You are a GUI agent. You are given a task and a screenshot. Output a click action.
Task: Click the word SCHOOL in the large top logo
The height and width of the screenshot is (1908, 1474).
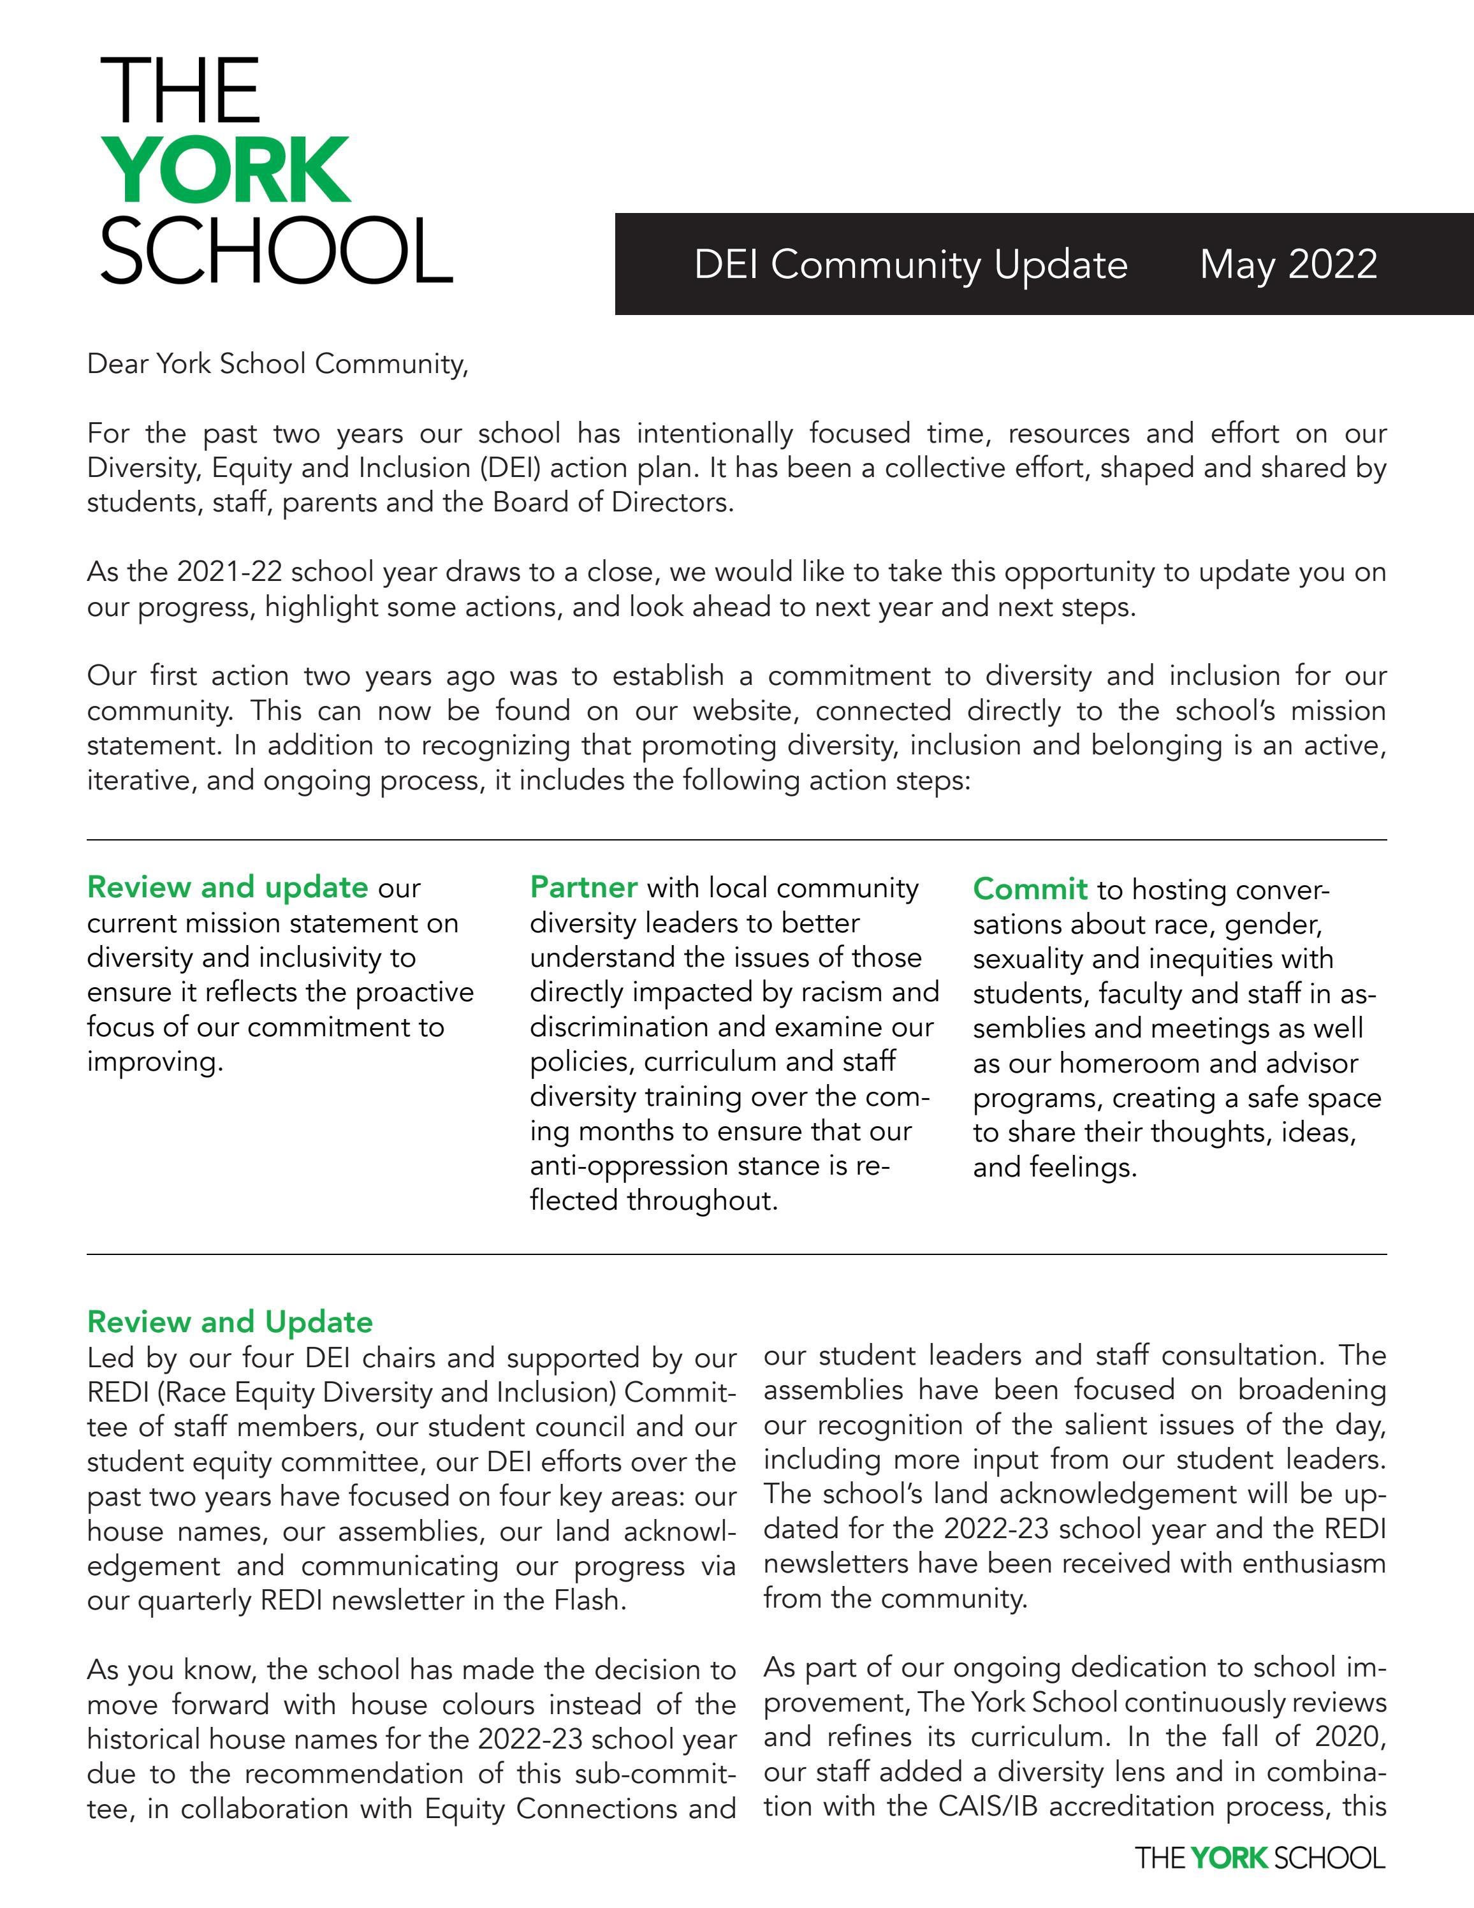(276, 252)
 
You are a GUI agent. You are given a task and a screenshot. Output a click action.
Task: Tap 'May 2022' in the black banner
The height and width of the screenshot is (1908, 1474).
(1288, 264)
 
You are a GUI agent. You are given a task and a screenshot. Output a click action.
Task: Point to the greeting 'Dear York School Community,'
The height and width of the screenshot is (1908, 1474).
(278, 363)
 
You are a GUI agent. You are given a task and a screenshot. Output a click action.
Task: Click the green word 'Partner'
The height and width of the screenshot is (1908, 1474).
(583, 888)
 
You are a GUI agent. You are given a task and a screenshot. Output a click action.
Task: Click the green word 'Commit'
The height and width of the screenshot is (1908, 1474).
(1030, 890)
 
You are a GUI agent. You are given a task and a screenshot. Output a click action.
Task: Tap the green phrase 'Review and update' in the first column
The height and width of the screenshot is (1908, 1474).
(227, 888)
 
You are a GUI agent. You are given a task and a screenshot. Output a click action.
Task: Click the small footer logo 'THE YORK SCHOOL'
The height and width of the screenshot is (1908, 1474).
(1259, 1858)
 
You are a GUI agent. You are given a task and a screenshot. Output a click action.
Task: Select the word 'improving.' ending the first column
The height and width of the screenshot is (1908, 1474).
(154, 1062)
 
